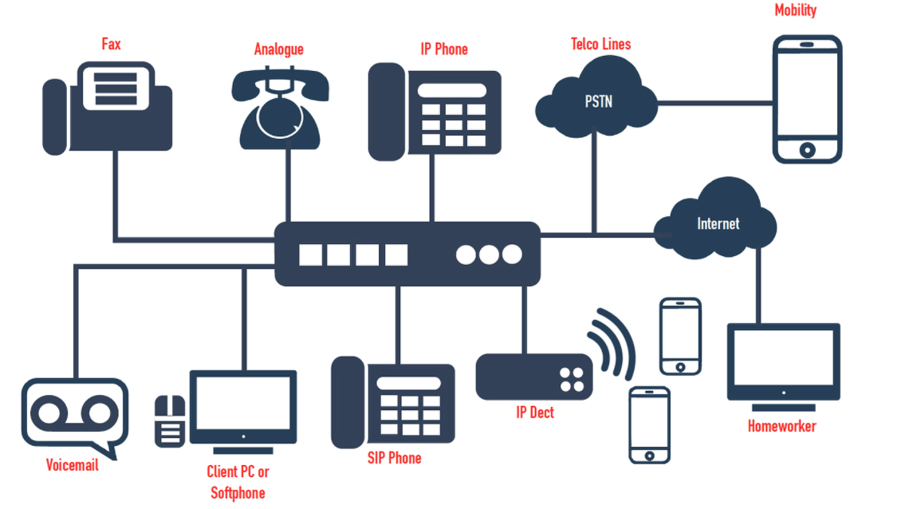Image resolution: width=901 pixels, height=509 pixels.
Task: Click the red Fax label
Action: pyautogui.click(x=111, y=44)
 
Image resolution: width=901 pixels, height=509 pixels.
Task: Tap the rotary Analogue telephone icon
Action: pyautogui.click(x=280, y=108)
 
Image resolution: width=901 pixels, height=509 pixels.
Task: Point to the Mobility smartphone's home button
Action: pyautogui.click(x=807, y=149)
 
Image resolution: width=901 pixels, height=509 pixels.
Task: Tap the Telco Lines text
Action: pyautogui.click(x=600, y=44)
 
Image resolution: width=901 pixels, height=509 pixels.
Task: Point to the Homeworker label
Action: pyautogui.click(x=781, y=426)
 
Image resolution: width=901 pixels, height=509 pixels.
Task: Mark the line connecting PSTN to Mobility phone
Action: pyautogui.click(x=714, y=103)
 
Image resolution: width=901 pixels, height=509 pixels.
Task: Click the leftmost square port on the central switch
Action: pyautogui.click(x=310, y=254)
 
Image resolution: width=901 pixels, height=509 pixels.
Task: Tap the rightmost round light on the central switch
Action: pyautogui.click(x=512, y=254)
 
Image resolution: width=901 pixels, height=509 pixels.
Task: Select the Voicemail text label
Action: pyautogui.click(x=73, y=464)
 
